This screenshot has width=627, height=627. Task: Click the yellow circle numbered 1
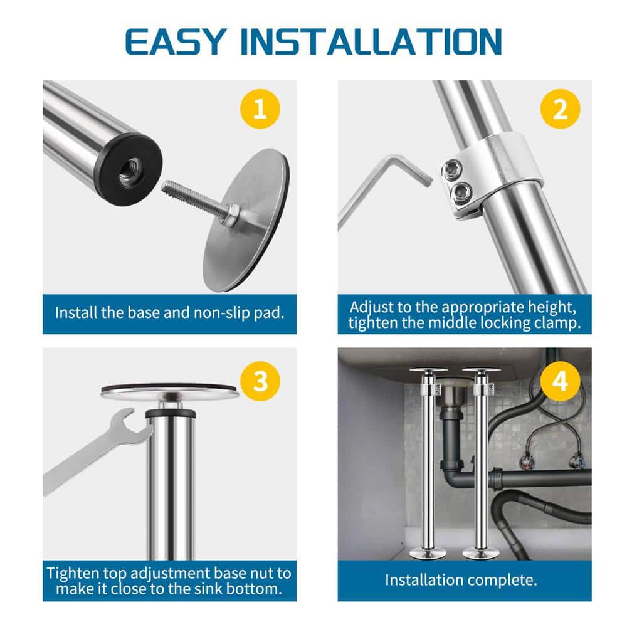click(x=260, y=108)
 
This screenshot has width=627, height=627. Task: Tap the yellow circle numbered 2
click(x=560, y=108)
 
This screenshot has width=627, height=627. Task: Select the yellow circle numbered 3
click(x=260, y=381)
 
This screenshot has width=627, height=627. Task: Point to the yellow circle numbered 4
click(x=560, y=381)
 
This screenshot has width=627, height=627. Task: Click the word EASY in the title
click(x=176, y=41)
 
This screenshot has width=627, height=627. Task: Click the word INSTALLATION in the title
click(x=371, y=41)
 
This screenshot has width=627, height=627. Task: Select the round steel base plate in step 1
click(x=246, y=220)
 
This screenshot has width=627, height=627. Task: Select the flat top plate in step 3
click(x=170, y=391)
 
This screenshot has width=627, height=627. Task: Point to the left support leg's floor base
click(x=428, y=554)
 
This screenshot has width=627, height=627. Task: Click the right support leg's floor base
click(x=481, y=554)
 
